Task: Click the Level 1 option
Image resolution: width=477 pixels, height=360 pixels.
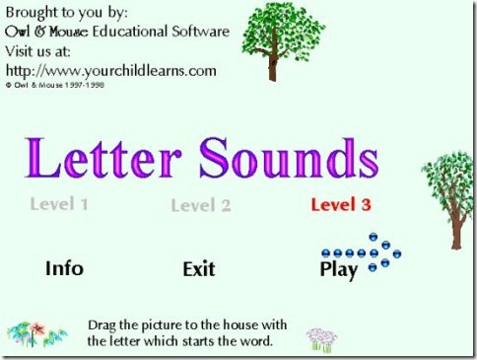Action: [59, 204]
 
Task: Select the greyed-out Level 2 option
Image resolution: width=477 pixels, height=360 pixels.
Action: [201, 205]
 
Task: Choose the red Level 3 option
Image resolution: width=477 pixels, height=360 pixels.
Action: [341, 204]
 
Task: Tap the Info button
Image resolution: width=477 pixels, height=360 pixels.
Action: [64, 268]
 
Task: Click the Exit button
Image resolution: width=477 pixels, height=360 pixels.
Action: [199, 269]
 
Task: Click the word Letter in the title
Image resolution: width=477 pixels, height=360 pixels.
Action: [103, 158]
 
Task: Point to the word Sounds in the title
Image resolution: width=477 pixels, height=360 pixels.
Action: [289, 158]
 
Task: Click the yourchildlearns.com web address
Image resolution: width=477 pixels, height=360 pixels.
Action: [111, 71]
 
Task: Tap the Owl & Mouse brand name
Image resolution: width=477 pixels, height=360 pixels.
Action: [46, 32]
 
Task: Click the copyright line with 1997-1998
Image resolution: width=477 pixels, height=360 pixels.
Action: [55, 85]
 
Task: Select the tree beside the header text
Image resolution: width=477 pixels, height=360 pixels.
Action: [283, 41]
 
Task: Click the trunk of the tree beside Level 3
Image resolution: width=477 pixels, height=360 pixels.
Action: [457, 227]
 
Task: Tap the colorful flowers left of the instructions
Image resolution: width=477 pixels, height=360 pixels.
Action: [36, 334]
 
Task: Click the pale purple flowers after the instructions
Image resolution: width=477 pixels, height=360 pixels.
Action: [322, 340]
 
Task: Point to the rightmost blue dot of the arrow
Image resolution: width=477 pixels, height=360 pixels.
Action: [397, 253]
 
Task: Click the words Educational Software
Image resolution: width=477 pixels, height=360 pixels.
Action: [161, 32]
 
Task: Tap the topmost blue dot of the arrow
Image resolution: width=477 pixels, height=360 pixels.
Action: [374, 237]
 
